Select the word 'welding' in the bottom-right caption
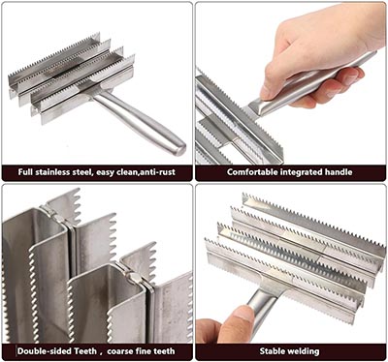point(305,351)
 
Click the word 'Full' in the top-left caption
point(25,172)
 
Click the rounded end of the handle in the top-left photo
point(181,149)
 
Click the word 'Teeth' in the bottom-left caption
point(86,351)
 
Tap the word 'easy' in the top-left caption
point(106,173)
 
